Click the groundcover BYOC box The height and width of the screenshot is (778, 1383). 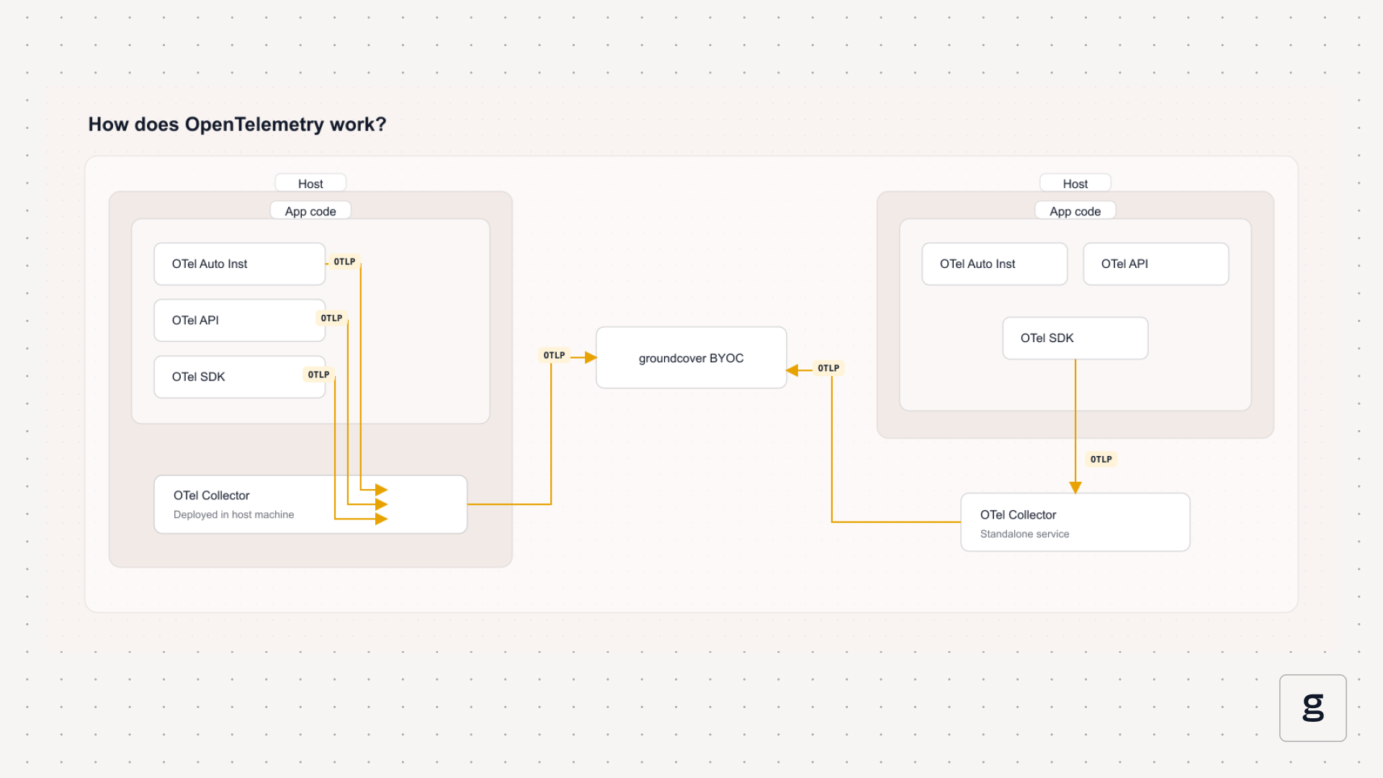691,358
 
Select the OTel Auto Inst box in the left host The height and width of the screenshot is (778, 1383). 240,264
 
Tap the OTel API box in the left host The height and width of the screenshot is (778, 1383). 240,321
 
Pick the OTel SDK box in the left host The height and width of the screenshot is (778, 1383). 240,377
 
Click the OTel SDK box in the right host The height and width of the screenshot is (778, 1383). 1075,338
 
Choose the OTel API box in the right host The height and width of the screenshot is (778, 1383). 1156,264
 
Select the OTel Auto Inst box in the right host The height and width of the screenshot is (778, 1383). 995,264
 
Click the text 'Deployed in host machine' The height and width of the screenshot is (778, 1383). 233,514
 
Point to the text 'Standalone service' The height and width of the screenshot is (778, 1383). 1024,534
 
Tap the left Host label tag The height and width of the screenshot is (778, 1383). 310,184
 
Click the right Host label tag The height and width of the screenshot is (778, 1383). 1075,184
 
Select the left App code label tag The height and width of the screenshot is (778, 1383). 310,211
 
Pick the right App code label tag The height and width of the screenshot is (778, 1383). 1075,211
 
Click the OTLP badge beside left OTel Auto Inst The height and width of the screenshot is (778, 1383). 344,261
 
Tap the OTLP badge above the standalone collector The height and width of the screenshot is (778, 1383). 1101,459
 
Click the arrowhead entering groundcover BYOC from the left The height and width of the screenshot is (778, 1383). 591,357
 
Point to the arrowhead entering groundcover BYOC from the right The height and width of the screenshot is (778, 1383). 792,370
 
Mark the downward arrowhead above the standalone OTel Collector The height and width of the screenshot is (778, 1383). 1075,488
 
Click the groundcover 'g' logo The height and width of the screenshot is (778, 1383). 1313,707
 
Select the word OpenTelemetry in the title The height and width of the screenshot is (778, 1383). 254,125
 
